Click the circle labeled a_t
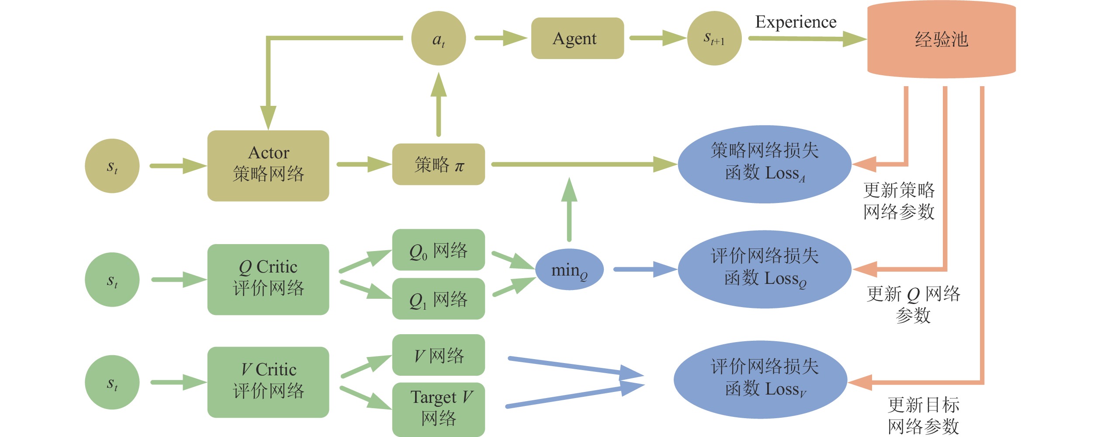coord(438,38)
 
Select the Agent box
coord(577,38)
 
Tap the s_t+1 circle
coord(714,38)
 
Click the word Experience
coord(796,22)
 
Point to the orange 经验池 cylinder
coord(941,39)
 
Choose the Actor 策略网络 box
coord(268,166)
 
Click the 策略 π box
coord(438,164)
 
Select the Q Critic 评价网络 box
coord(268,280)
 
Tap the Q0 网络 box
coord(438,250)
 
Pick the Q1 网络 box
coord(438,299)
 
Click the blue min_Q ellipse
coord(569,270)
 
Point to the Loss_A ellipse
coord(765,164)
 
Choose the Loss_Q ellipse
coord(765,269)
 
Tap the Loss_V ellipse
coord(761,380)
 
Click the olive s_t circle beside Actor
coord(112,166)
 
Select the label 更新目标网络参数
coord(923,416)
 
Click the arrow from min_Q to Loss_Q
coord(644,269)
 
